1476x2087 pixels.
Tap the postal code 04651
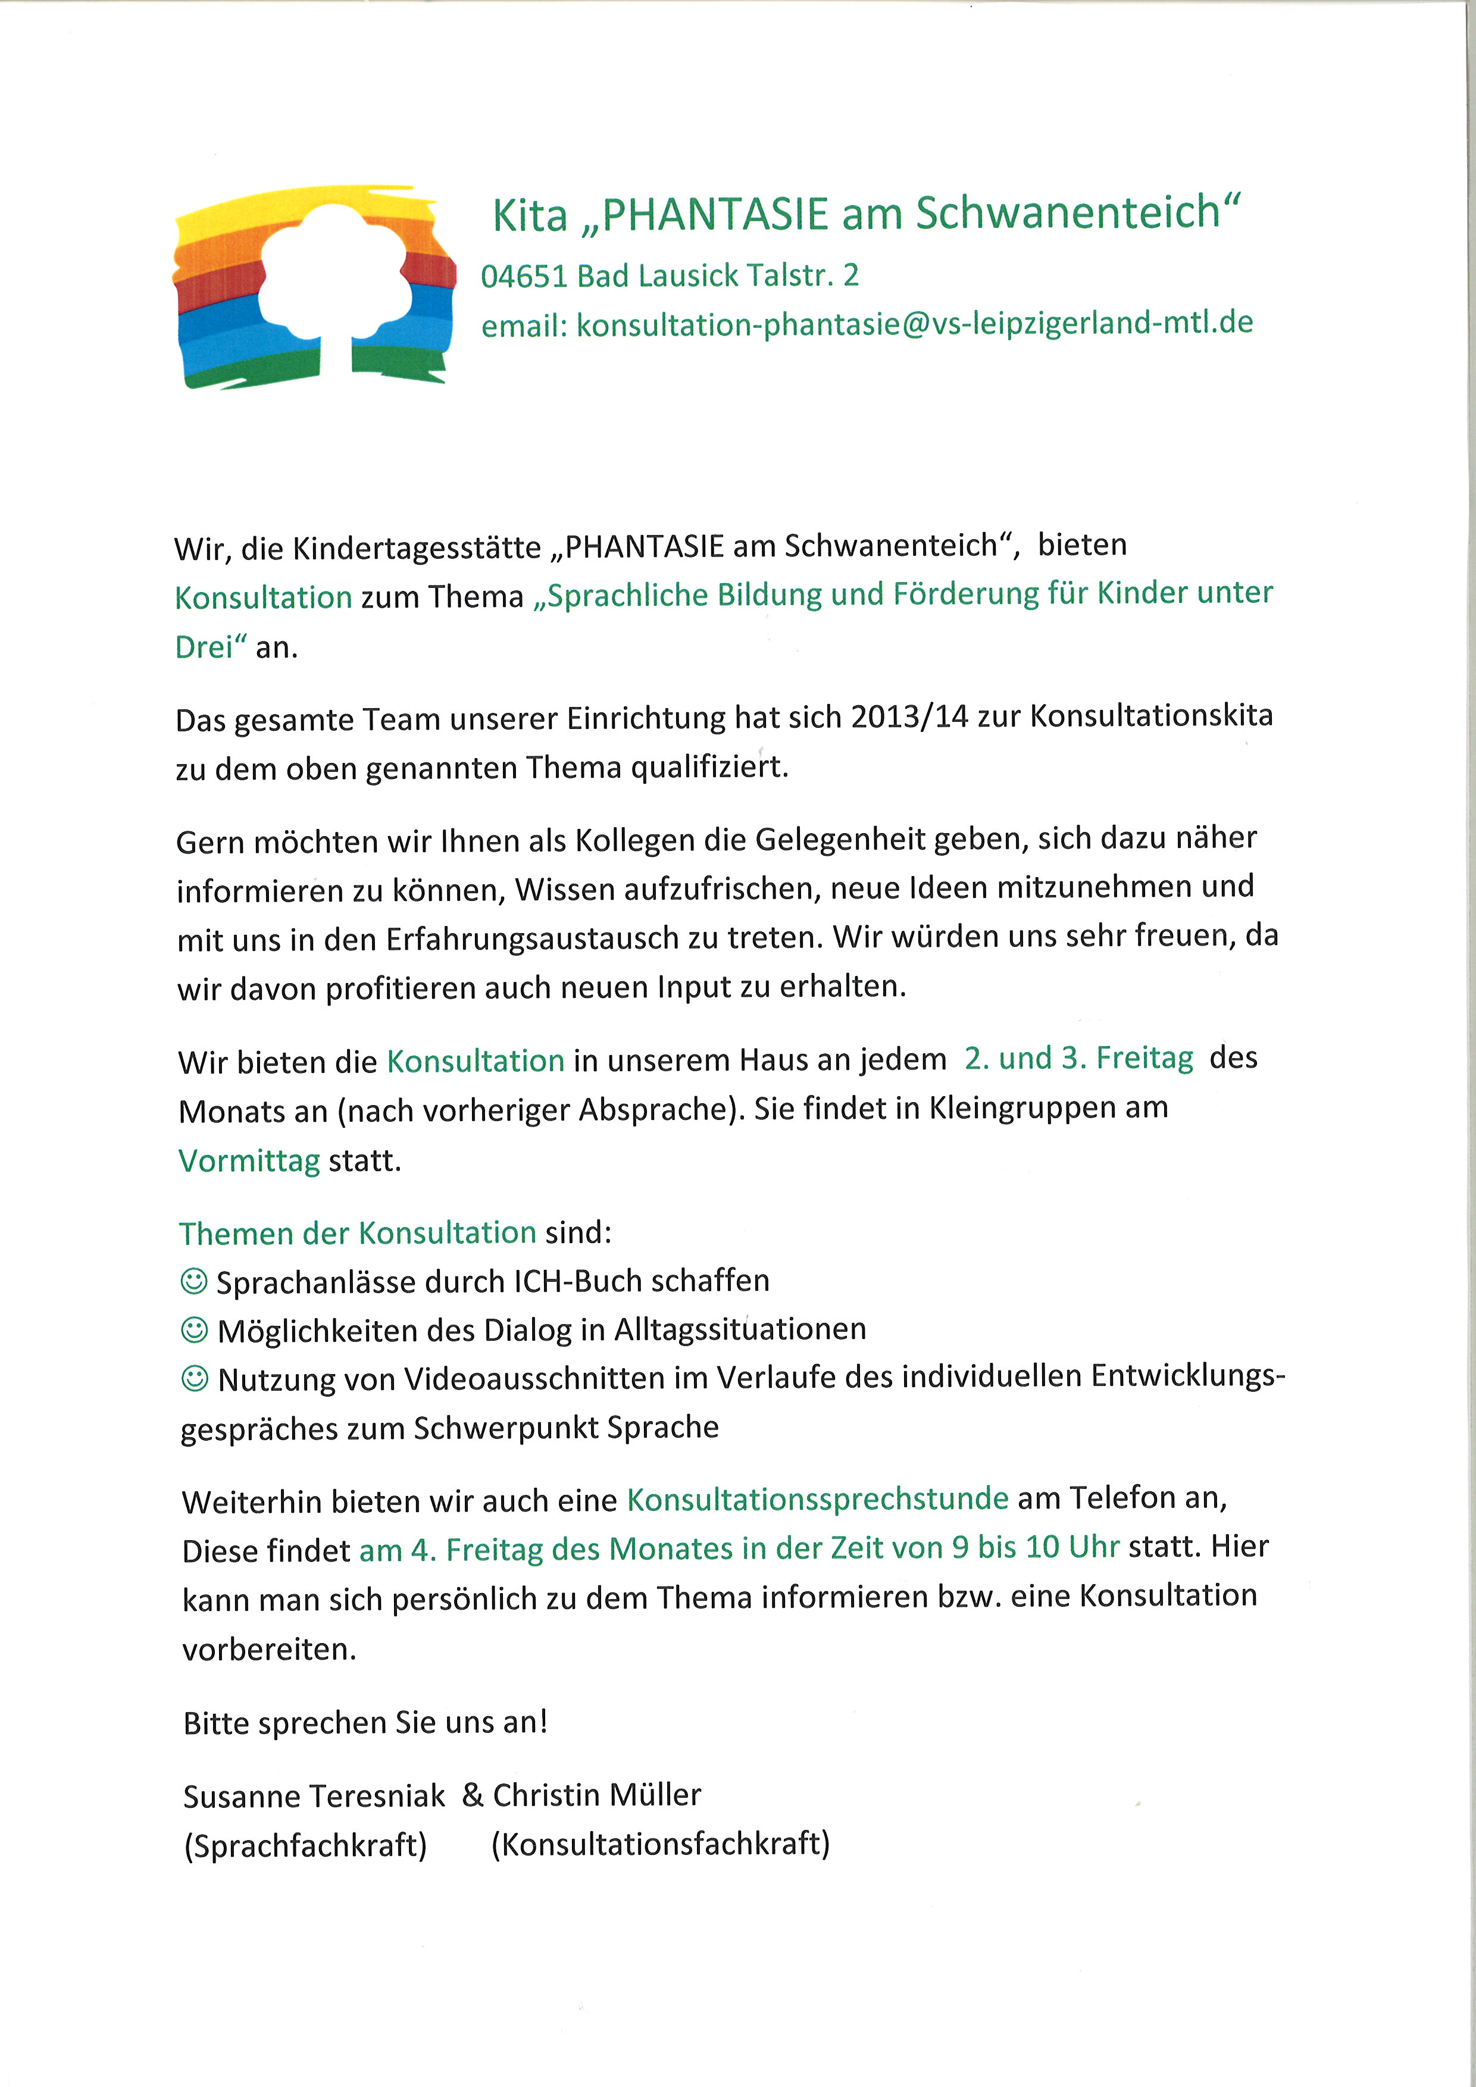(524, 276)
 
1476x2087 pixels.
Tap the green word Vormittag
(249, 1161)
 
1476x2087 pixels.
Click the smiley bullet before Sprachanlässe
(193, 1282)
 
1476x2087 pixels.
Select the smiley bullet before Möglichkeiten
(193, 1331)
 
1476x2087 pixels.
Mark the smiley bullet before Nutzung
(195, 1379)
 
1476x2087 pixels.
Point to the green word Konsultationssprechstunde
(817, 1499)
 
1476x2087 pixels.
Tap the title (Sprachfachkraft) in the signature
(305, 1846)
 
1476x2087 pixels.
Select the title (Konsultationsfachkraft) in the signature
(660, 1844)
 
